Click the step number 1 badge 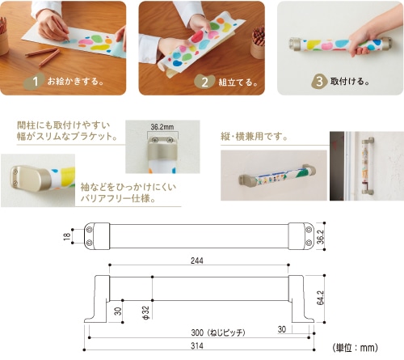coord(34,81)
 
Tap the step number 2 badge coord(204,82)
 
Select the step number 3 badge coord(320,81)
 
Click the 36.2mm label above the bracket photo coord(162,126)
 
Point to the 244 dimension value coord(197,260)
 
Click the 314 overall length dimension coord(197,345)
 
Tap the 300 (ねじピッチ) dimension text coord(218,332)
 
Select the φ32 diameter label coord(145,312)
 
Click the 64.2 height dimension coord(321,298)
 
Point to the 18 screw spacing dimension coord(66,236)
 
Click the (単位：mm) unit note coord(355,348)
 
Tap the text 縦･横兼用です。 coord(254,137)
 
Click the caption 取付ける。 coord(350,81)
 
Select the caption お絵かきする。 coord(75,81)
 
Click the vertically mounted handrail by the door coord(368,167)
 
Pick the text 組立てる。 coord(238,82)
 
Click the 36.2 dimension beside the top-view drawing coord(321,237)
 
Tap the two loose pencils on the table coord(43,55)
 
